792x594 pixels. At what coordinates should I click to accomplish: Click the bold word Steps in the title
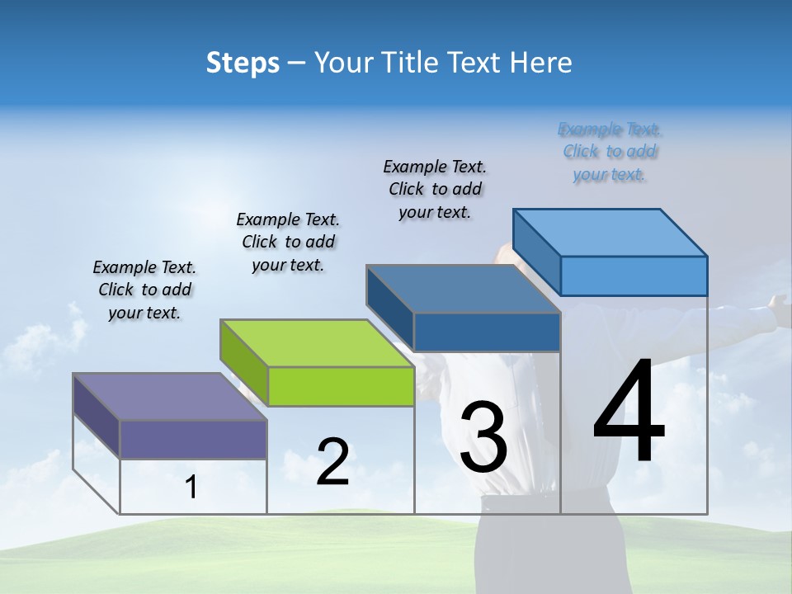243,63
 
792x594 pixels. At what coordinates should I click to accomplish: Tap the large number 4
629,412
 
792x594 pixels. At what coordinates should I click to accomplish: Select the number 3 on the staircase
483,437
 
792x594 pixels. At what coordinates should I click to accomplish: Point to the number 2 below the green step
332,462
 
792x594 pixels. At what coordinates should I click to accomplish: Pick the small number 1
191,488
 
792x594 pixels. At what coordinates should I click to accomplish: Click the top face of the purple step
170,397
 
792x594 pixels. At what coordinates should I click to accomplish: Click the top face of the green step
317,343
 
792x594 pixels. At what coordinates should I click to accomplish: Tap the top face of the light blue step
610,232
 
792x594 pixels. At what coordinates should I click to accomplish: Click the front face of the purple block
193,439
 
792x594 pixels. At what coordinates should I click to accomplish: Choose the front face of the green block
341,386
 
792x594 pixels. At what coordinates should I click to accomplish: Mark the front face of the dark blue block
487,332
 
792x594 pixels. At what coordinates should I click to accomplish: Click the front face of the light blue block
634,276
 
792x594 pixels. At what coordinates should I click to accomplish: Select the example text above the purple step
145,290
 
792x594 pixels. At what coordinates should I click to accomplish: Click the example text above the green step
288,242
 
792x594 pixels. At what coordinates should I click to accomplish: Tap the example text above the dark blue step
435,189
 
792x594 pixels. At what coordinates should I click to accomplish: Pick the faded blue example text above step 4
610,152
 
